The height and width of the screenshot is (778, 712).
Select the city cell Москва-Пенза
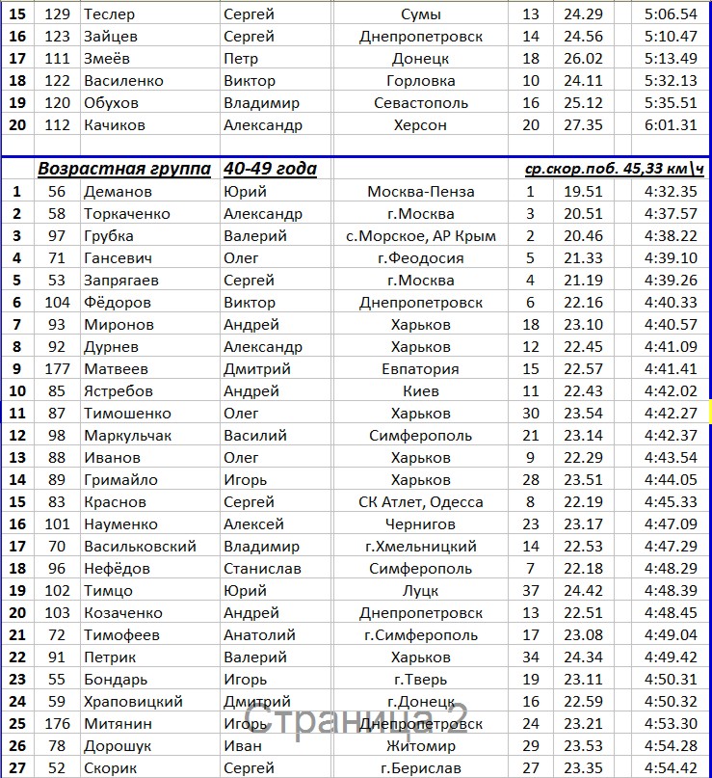point(420,192)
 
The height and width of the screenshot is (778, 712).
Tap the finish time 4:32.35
point(670,192)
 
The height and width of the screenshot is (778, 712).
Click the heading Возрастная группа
point(124,170)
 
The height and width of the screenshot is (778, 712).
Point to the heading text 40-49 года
point(270,170)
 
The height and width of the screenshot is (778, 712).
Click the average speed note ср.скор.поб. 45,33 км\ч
point(614,170)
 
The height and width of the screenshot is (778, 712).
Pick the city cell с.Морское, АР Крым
point(420,236)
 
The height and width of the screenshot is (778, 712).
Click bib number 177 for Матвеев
point(57,369)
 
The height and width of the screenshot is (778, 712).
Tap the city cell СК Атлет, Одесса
point(420,502)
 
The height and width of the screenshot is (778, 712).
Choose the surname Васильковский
point(139,547)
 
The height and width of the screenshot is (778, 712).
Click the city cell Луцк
point(420,591)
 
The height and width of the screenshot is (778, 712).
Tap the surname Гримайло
point(120,480)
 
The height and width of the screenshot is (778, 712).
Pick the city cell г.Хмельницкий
point(420,547)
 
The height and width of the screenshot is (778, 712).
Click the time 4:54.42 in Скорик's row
point(670,767)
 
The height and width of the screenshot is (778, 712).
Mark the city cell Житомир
point(420,745)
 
